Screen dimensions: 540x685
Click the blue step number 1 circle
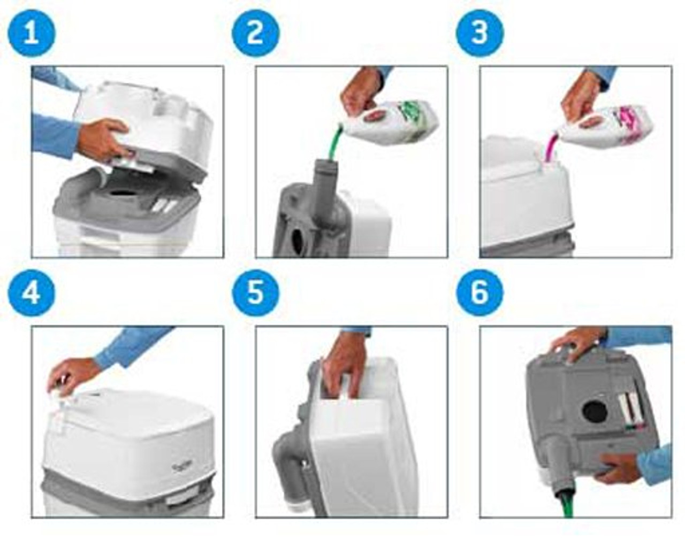tap(31, 33)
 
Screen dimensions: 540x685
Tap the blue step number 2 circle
tap(255, 33)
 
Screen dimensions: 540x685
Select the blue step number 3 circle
tap(479, 33)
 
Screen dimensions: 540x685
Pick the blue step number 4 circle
tap(31, 293)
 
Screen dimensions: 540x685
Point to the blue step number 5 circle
tap(255, 293)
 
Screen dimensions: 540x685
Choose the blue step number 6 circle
tap(479, 293)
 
